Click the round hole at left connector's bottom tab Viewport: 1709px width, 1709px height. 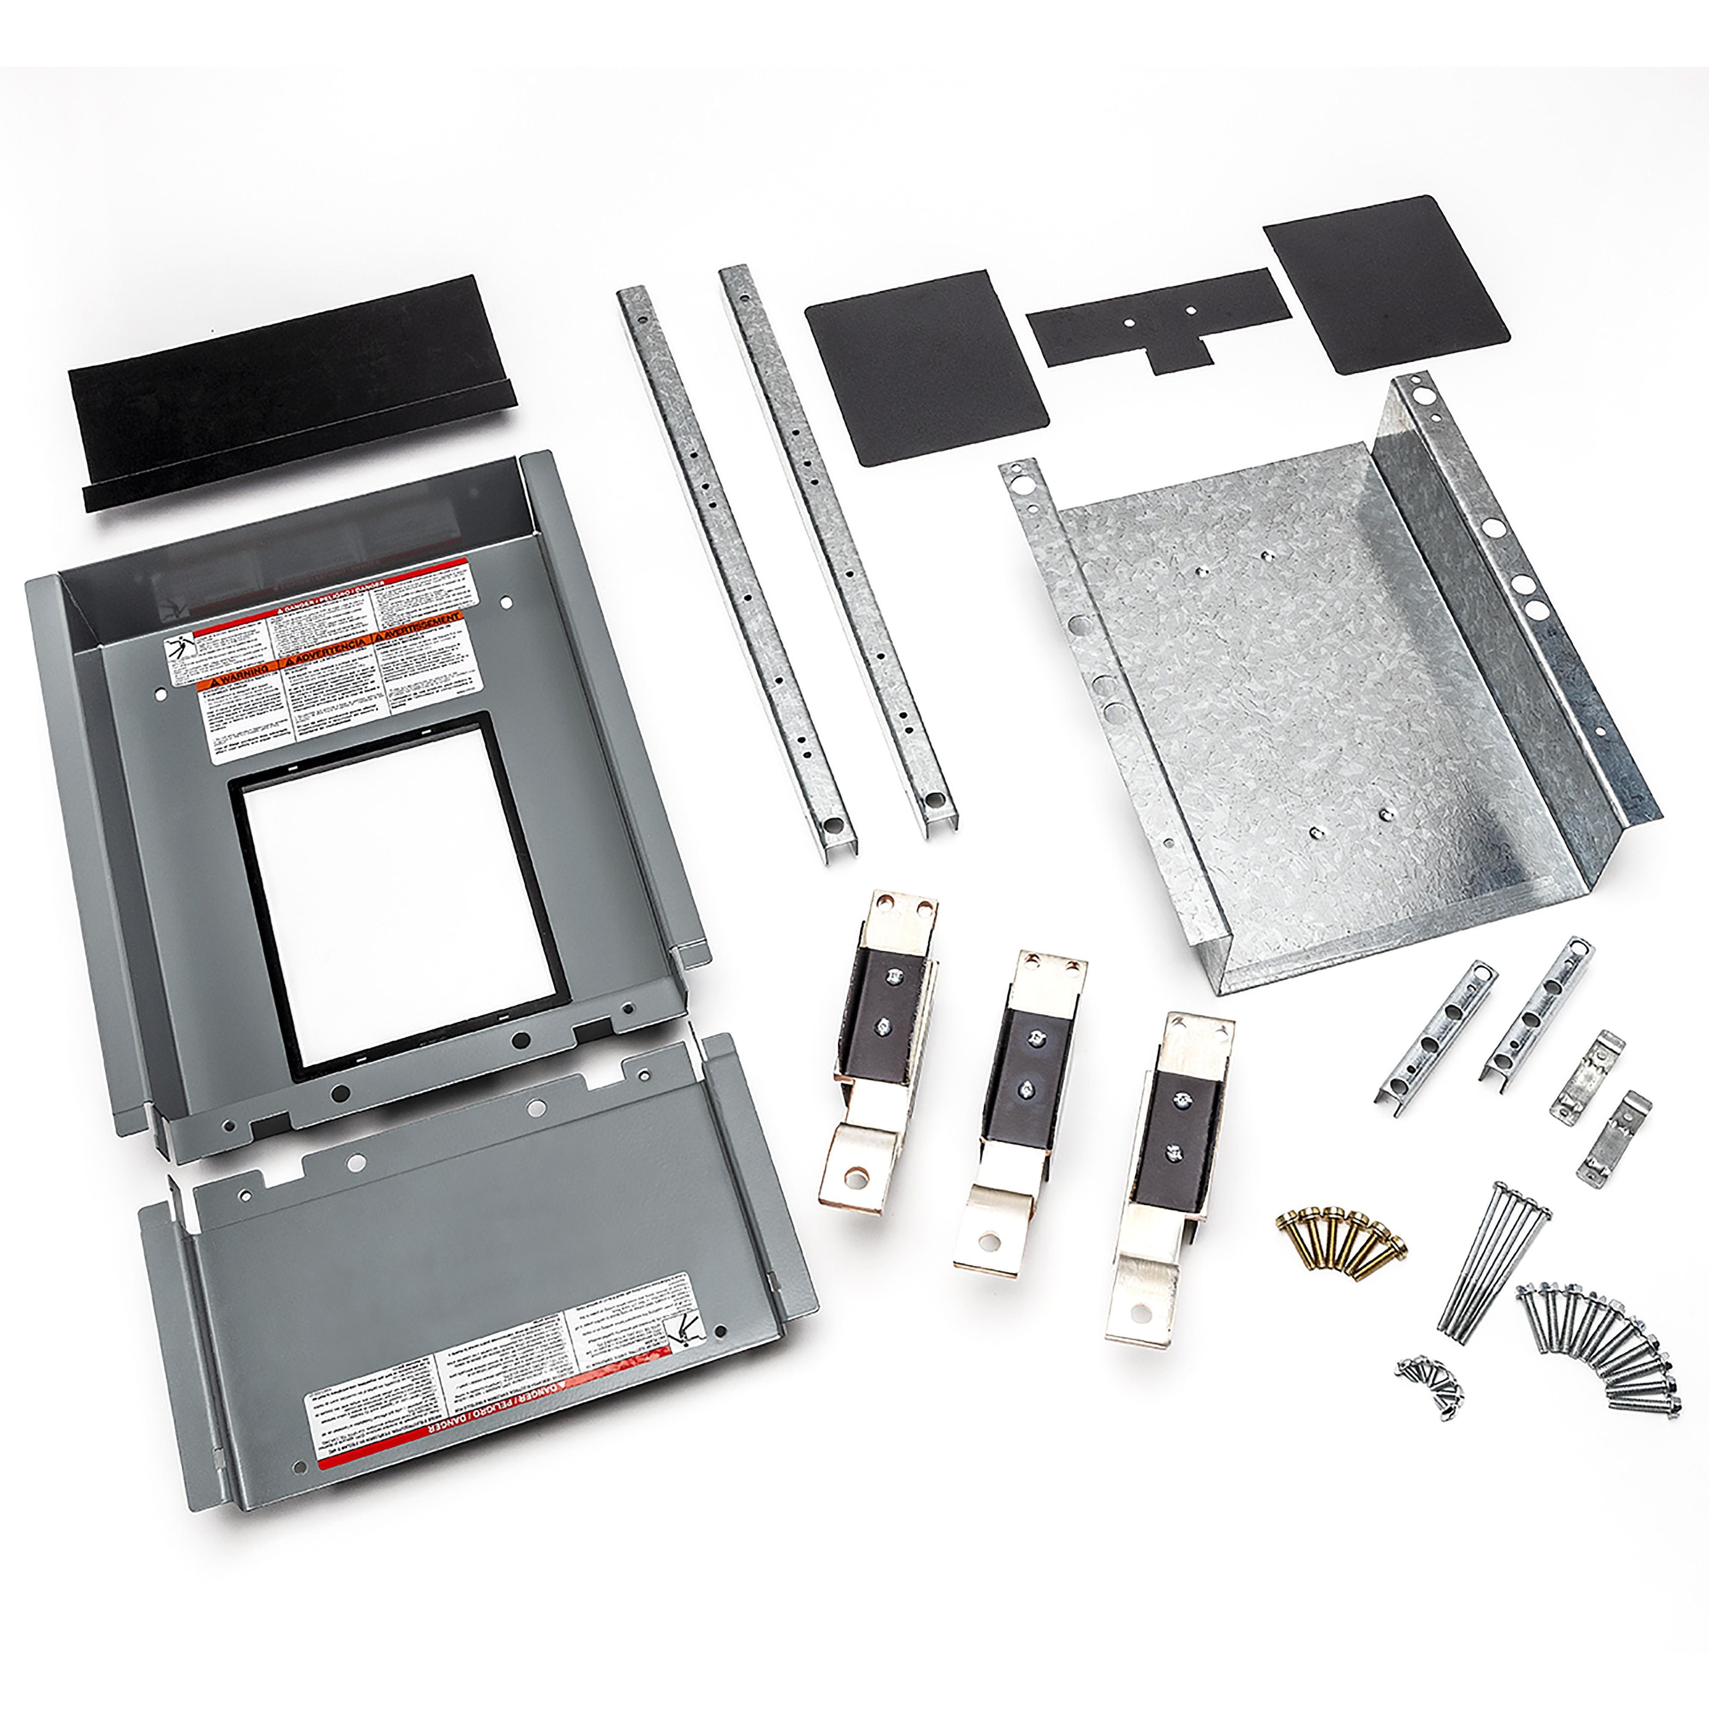click(x=854, y=1177)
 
